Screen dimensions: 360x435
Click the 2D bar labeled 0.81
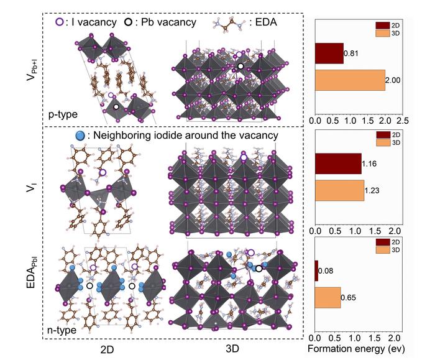(329, 53)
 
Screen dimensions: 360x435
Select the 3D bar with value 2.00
(350, 80)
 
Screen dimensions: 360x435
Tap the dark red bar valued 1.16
(338, 164)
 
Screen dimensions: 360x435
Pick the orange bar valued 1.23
(339, 190)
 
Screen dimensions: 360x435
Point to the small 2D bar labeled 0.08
(316, 270)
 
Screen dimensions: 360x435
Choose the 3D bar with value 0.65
(327, 297)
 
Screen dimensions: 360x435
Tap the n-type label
(61, 330)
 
